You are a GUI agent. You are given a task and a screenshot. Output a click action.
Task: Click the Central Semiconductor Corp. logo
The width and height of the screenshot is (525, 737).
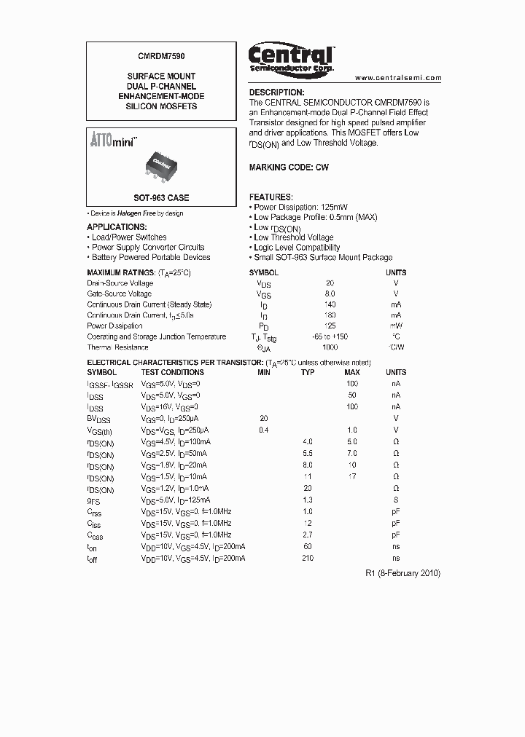[x=291, y=58]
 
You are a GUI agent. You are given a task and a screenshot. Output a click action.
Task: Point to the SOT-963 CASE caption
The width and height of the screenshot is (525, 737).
[x=161, y=198]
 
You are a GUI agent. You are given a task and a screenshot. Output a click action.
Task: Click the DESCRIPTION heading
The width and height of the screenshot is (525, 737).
[x=277, y=92]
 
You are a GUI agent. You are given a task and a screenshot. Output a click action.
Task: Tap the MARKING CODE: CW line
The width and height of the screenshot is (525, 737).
[x=289, y=167]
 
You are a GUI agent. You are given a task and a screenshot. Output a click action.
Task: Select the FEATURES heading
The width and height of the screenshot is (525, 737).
[x=271, y=197]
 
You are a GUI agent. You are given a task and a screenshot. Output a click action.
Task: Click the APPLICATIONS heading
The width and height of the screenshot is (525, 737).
[x=116, y=227]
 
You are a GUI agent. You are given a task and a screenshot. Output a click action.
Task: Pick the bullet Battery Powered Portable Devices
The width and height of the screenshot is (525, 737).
[x=151, y=257]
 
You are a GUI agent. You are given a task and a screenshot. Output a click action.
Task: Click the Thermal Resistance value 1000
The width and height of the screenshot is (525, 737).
[x=330, y=347]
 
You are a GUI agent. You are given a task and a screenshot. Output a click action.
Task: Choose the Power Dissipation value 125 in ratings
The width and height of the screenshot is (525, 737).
[x=330, y=326]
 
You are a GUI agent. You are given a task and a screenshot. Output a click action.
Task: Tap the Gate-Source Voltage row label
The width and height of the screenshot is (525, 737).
[x=120, y=293]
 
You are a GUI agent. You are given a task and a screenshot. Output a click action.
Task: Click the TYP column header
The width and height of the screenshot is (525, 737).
[x=308, y=372]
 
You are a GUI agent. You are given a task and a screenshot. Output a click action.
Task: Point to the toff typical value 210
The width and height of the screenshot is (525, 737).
[x=308, y=558]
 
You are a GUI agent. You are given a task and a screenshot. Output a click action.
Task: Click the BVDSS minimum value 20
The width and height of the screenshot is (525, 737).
[x=264, y=419]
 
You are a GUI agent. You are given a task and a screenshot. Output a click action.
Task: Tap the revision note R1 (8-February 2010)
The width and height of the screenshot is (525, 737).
[x=402, y=573]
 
